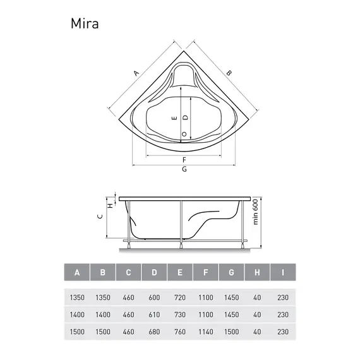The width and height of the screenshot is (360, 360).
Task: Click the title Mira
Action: (x=84, y=24)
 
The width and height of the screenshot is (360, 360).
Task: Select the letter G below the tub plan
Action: (x=184, y=170)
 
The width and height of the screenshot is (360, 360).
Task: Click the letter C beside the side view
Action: (x=99, y=216)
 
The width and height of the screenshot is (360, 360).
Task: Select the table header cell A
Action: (x=77, y=273)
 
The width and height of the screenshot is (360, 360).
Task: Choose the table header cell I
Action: (x=283, y=273)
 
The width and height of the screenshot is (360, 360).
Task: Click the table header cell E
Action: (x=180, y=273)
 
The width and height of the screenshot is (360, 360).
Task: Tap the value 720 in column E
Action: (x=180, y=296)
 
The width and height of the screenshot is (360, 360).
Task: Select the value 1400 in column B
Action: (x=103, y=314)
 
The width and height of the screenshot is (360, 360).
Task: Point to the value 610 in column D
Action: (x=154, y=314)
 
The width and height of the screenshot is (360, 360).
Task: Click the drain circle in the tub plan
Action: (x=184, y=134)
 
